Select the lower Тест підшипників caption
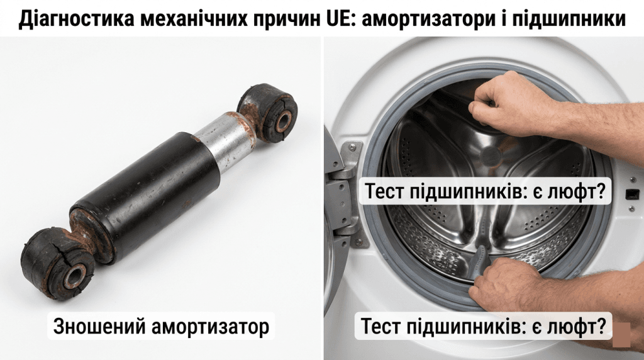point(484,327)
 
